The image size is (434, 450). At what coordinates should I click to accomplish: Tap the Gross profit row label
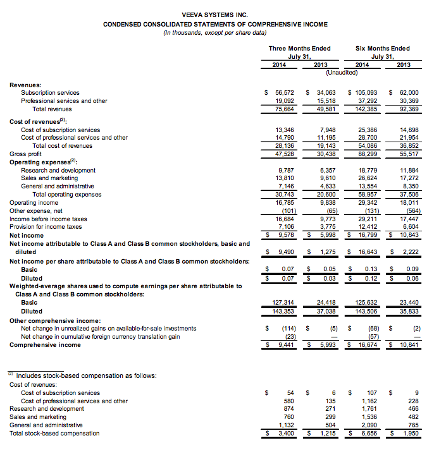[27, 154]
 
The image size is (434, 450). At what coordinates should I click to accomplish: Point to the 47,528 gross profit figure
[283, 154]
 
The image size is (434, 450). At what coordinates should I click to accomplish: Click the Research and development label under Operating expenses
[58, 170]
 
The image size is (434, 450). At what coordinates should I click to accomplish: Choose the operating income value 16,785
[283, 203]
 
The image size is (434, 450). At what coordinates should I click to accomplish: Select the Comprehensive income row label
[45, 344]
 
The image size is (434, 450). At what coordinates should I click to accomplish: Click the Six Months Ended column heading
[383, 48]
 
